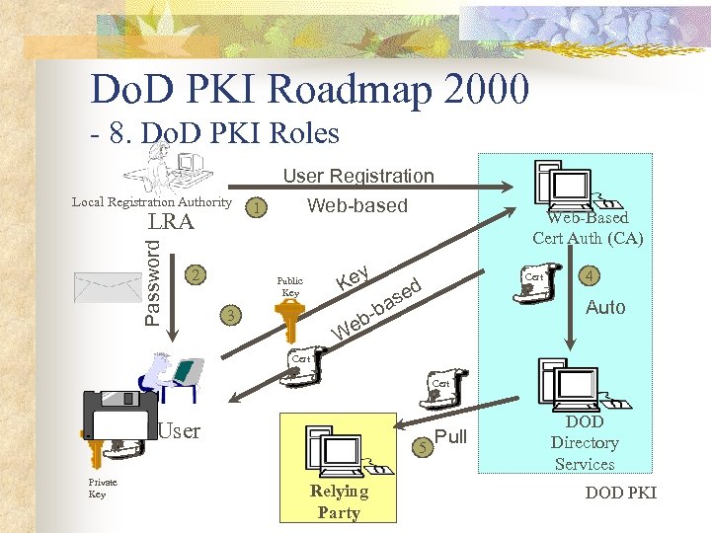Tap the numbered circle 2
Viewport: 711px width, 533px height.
(197, 273)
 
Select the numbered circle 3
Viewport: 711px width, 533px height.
(230, 316)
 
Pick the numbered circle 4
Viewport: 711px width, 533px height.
(589, 275)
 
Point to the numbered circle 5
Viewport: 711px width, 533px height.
(423, 447)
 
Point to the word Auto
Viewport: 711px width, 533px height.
(605, 308)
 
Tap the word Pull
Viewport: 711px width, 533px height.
(450, 437)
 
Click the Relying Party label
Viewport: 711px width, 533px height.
(339, 501)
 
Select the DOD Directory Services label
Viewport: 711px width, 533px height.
(585, 443)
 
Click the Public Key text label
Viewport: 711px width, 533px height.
(290, 286)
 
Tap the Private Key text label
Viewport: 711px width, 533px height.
(103, 488)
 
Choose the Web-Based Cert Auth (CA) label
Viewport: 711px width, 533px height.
(587, 227)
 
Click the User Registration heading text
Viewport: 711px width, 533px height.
(358, 176)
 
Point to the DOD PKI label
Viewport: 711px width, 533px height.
(620, 493)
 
